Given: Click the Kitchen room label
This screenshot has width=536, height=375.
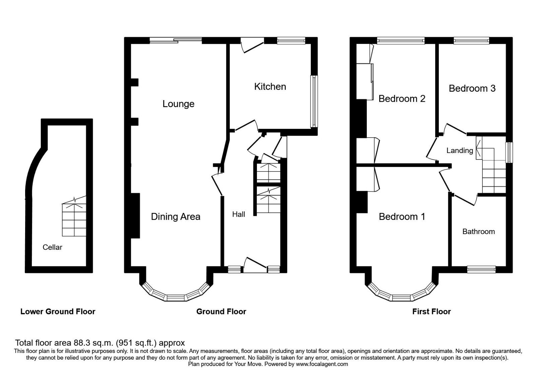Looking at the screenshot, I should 270,87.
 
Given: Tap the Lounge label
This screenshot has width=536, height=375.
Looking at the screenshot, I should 178,104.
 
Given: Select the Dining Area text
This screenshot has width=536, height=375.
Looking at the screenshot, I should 176,217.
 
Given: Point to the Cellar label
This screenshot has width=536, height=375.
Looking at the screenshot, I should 52,247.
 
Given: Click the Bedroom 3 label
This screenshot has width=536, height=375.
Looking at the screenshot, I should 472,88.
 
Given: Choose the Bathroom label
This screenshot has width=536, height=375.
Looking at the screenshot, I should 478,232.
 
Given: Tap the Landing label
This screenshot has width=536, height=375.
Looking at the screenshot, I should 460,151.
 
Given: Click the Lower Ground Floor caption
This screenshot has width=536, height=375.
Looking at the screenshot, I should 58,312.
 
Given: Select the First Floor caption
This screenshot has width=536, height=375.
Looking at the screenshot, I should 431,312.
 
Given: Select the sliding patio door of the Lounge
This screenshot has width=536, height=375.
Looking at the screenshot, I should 176,41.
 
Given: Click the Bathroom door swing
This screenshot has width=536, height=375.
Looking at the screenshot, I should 464,199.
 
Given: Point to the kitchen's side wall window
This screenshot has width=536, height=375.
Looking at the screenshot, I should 314,101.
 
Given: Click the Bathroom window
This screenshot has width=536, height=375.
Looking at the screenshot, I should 481,269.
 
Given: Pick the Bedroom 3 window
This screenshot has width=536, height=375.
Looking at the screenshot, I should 471,41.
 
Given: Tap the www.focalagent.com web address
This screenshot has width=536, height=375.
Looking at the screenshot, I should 322,364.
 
